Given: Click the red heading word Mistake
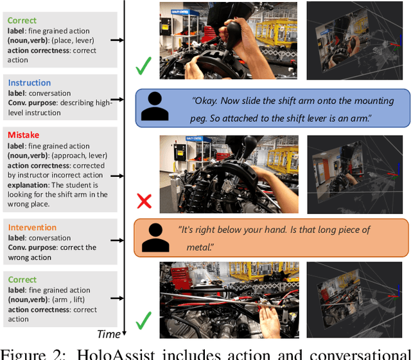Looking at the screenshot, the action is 23,135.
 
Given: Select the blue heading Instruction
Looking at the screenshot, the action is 30,83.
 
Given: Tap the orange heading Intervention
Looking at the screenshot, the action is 32,227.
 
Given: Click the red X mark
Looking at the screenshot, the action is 144,201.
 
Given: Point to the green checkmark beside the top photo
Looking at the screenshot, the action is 143,66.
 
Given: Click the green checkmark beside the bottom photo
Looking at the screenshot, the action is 144,321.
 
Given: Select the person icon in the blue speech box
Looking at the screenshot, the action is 155,106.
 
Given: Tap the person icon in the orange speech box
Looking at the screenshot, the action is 155,237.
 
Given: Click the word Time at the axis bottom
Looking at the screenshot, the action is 109,334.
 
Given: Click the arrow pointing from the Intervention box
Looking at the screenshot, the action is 117,240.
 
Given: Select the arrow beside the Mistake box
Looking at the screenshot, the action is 117,175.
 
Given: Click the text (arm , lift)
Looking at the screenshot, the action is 69,300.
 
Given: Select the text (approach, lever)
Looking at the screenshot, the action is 80,156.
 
